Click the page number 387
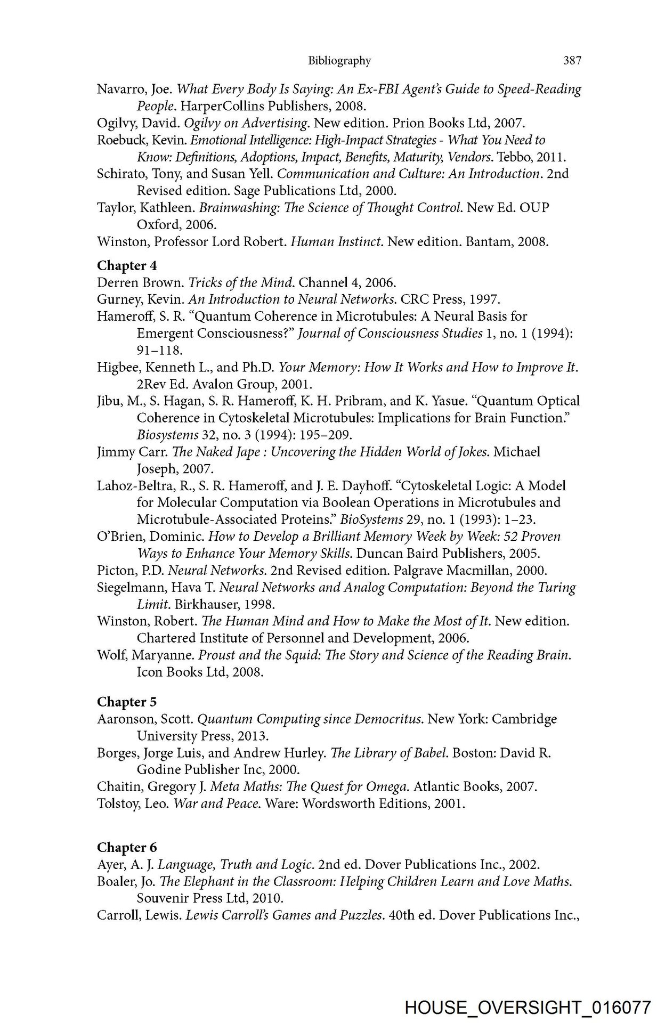(572, 61)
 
